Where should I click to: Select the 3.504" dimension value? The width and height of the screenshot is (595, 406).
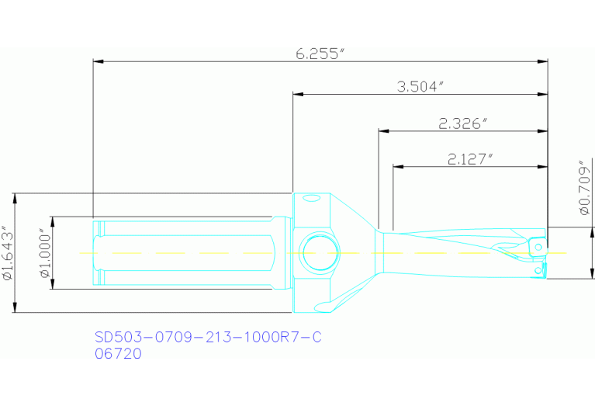[x=420, y=86]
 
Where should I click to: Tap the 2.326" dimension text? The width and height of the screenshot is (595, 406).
[x=462, y=123]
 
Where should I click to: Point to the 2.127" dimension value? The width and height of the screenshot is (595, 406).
[x=471, y=158]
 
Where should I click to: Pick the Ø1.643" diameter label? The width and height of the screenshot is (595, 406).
[x=8, y=253]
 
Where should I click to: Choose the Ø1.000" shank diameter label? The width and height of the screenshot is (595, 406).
[x=44, y=253]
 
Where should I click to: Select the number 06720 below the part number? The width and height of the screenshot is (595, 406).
[x=118, y=353]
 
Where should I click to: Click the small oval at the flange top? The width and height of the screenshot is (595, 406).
[x=311, y=199]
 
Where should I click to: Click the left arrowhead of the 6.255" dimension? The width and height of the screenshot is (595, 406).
[x=96, y=61]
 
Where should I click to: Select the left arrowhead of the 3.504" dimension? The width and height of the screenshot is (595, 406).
[x=296, y=95]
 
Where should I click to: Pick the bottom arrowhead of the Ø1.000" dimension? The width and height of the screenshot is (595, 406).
[x=52, y=286]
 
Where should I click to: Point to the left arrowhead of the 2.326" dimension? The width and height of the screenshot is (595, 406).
[x=382, y=131]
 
